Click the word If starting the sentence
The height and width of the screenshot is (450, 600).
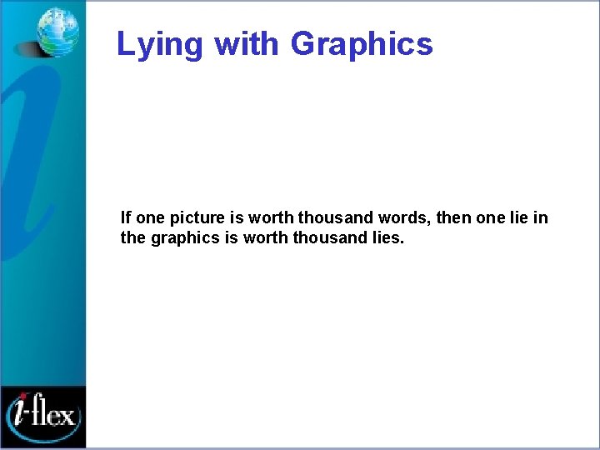125,218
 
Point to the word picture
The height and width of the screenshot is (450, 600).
197,218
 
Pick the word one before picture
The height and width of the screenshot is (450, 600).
150,218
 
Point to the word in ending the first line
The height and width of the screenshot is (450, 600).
541,218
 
